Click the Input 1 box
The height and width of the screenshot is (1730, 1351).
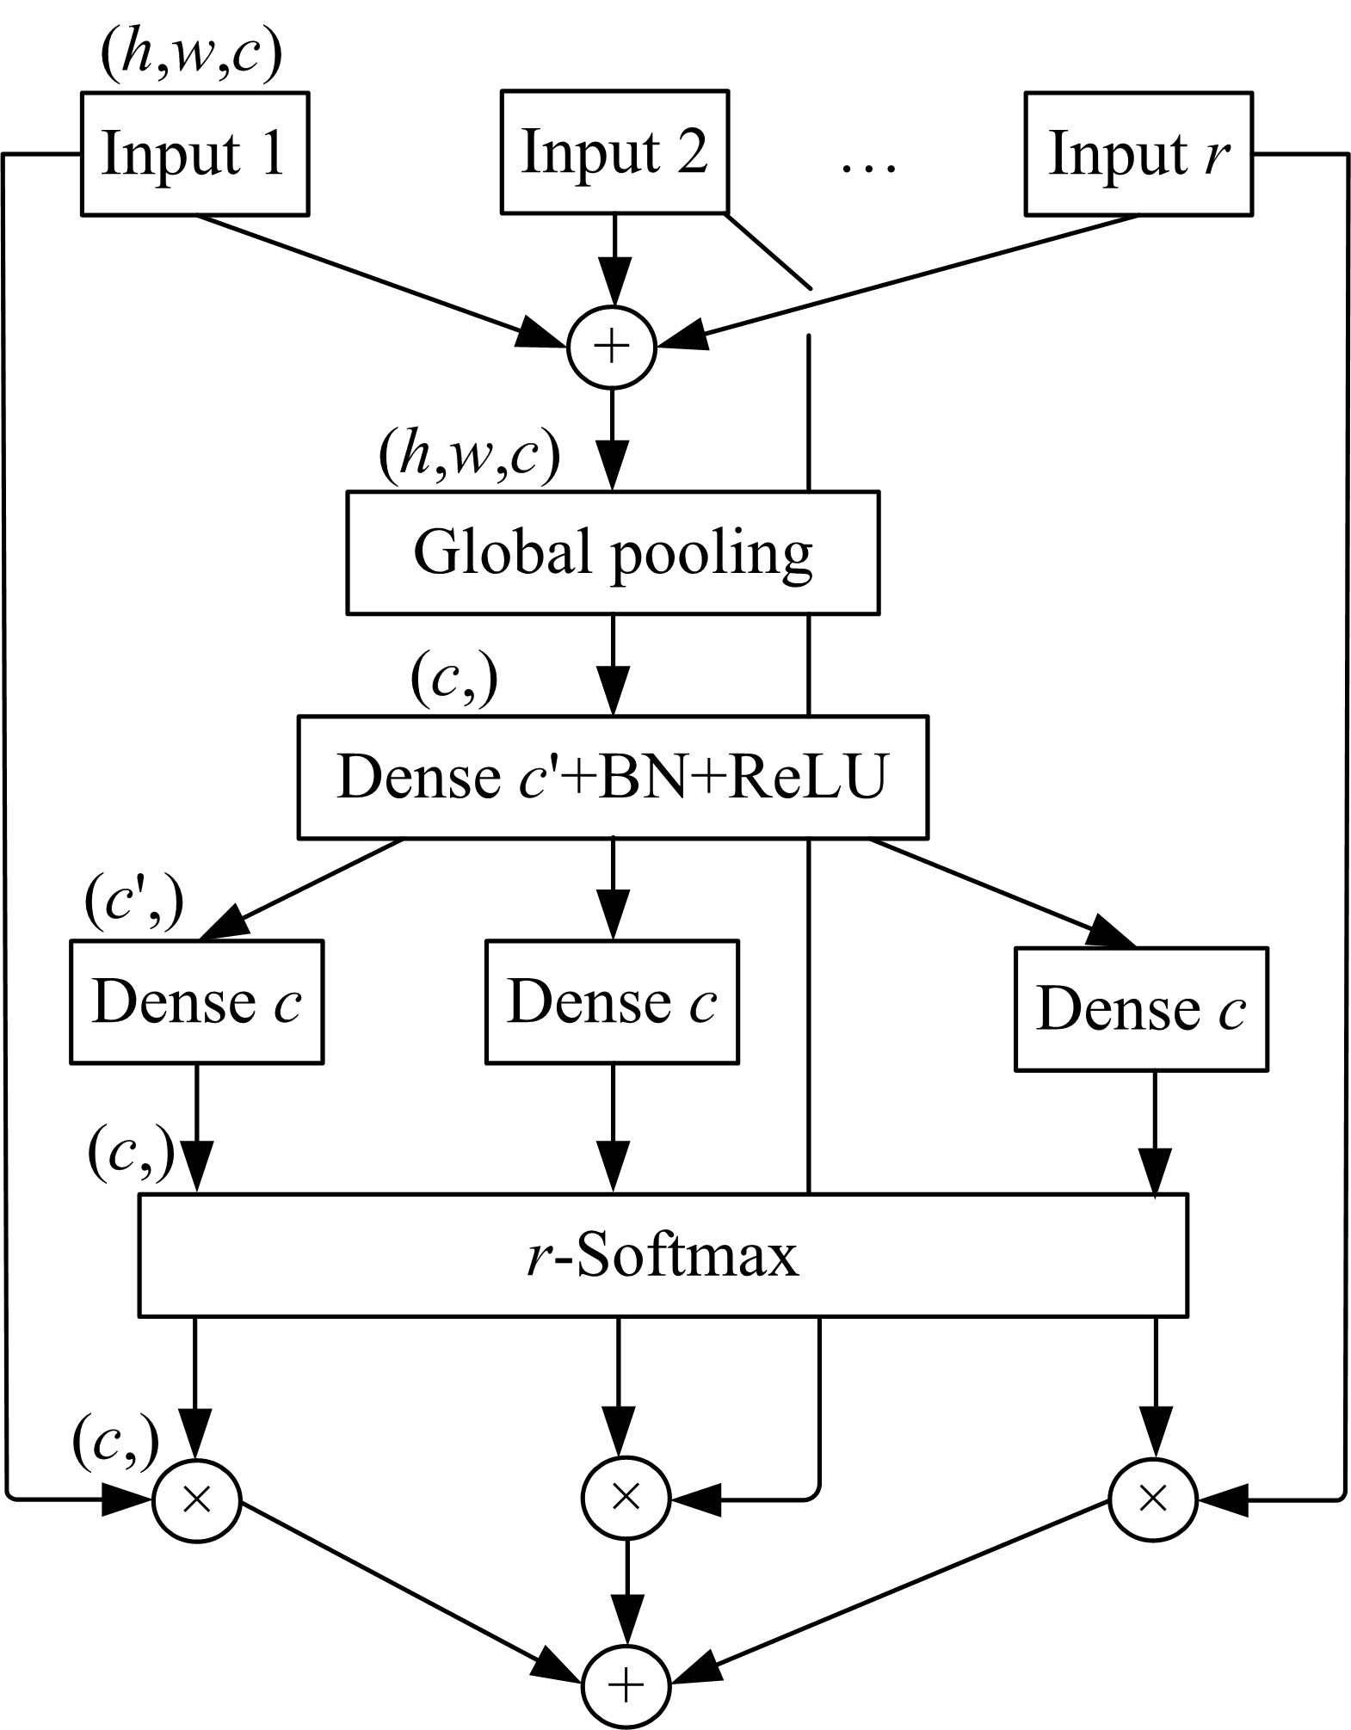pyautogui.click(x=194, y=154)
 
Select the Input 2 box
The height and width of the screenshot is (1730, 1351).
pyautogui.click(x=614, y=152)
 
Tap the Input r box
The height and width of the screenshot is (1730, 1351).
pyautogui.click(x=1138, y=154)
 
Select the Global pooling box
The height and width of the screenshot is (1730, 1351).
pyautogui.click(x=613, y=552)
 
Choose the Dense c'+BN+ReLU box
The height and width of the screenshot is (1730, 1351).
pyautogui.click(x=613, y=776)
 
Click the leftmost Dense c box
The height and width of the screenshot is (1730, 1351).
pyautogui.click(x=197, y=1001)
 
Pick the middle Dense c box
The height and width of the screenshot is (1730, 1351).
pyautogui.click(x=612, y=1001)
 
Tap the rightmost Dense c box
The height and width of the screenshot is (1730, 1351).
pyautogui.click(x=1141, y=1008)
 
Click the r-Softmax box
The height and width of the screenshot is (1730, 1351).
pyautogui.click(x=663, y=1254)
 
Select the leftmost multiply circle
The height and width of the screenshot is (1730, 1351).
pyautogui.click(x=197, y=1499)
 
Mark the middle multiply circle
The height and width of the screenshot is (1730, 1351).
pyautogui.click(x=626, y=1499)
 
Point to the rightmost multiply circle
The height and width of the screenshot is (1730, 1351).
pyautogui.click(x=1152, y=1499)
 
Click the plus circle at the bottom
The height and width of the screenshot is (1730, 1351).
pyautogui.click(x=626, y=1684)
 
